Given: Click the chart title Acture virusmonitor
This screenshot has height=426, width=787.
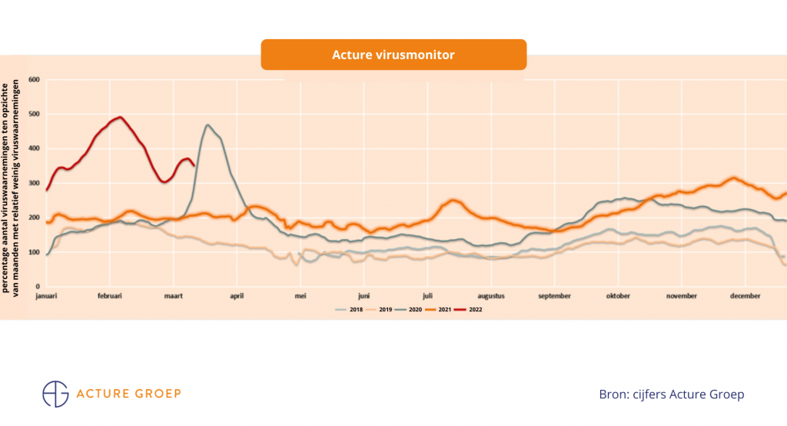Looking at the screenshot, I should coord(393,55).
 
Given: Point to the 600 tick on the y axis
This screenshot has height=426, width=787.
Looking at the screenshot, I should coord(33,79).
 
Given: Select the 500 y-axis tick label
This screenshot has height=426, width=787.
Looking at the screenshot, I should coord(33,114).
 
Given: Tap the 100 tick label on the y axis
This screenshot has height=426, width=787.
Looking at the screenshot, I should coord(33,252).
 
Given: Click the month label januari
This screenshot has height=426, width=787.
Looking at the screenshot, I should coord(48,295).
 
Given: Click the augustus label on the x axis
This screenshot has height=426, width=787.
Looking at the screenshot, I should coord(490,295).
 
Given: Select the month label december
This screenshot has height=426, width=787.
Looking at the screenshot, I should coord(745,295).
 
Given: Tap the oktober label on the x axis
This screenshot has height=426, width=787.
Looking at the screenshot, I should coord(618,295).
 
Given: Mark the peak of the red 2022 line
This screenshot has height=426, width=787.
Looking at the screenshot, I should coord(120,118).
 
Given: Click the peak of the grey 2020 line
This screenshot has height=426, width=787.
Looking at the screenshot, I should coord(207,125).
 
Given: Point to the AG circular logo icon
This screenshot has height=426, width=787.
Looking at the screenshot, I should coord(55,393).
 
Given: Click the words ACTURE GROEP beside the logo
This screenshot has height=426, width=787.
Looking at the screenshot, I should coord(129,394).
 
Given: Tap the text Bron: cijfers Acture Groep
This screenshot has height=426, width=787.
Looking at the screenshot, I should coord(671,394).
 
